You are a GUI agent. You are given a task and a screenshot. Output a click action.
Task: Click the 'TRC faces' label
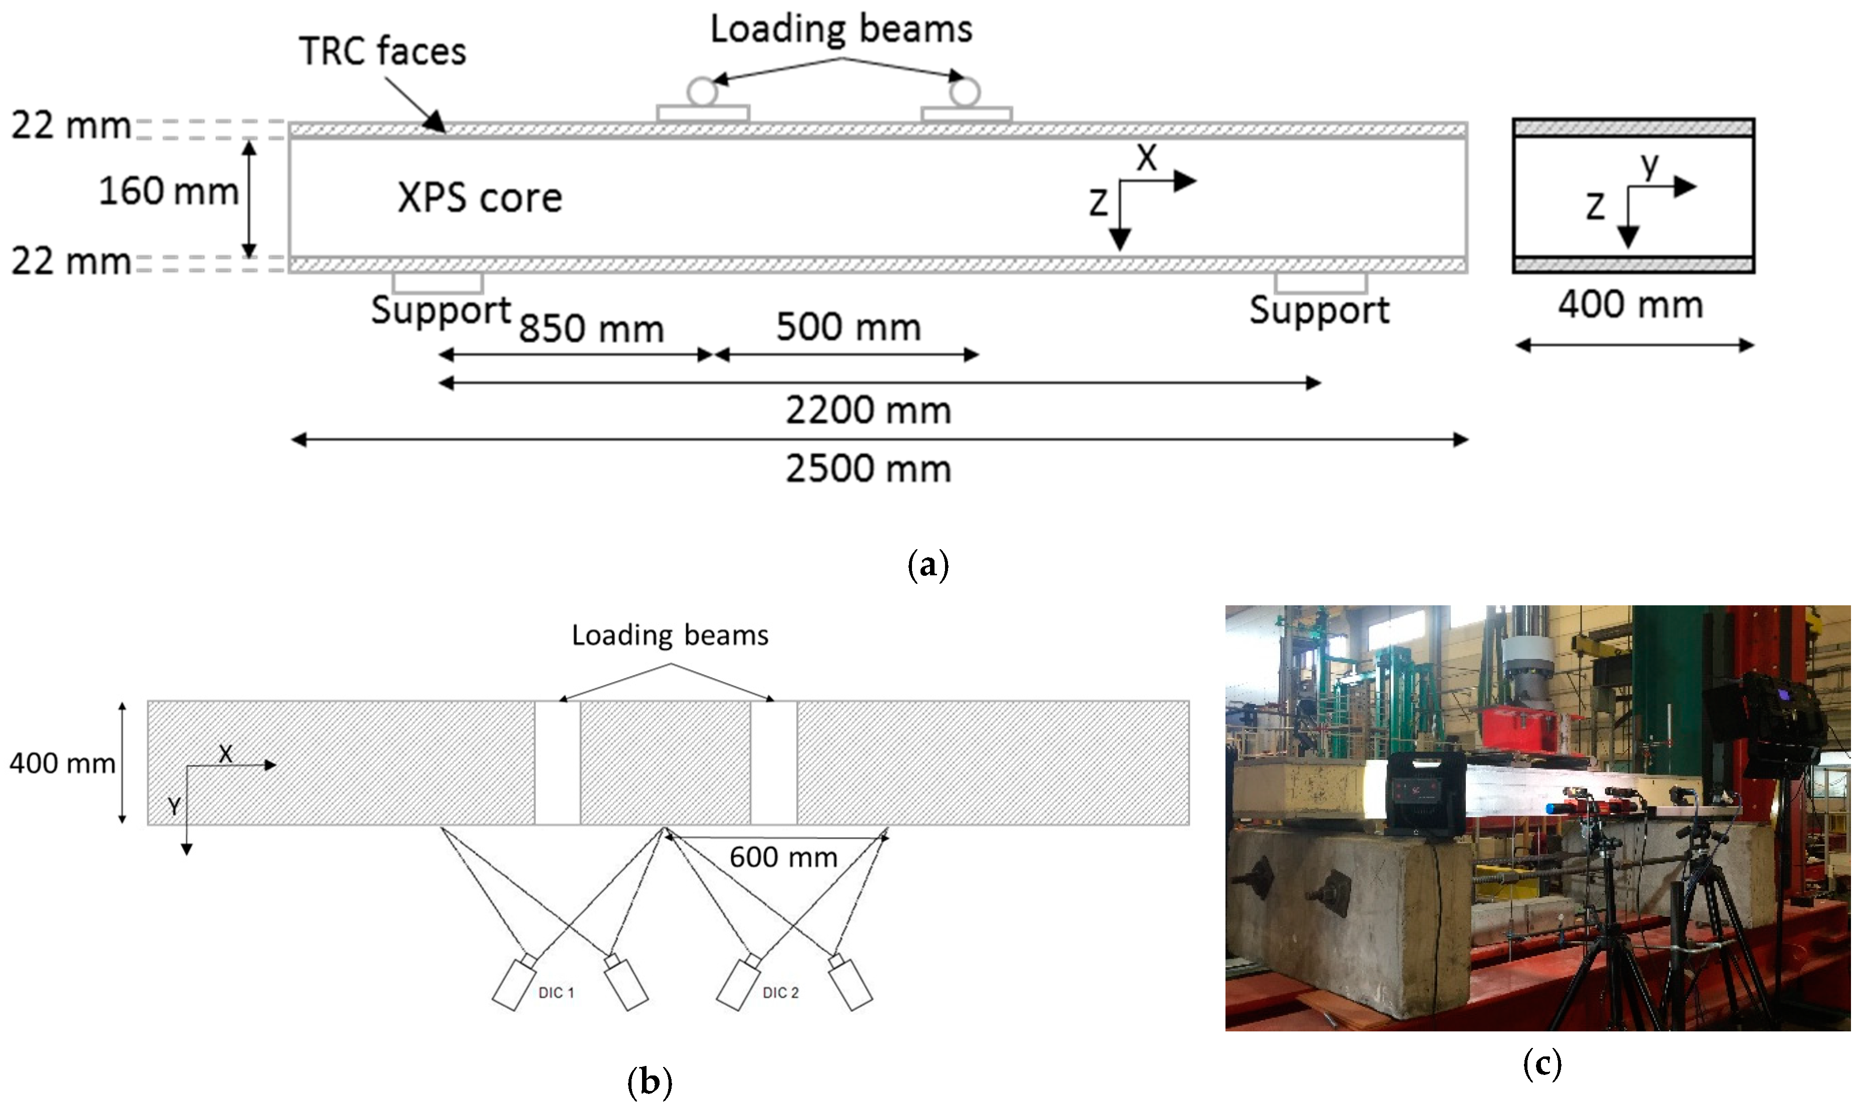382,52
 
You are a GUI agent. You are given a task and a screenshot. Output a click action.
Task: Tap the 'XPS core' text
479,198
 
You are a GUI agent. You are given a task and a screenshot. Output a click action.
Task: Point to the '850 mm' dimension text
591,328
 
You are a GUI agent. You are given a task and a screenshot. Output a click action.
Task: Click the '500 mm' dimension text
848,327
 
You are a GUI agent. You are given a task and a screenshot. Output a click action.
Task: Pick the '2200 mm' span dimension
868,410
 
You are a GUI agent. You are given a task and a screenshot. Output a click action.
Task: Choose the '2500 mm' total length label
868,469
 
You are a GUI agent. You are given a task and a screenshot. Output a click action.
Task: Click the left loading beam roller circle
702,93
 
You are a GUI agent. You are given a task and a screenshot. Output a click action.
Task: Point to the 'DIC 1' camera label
556,993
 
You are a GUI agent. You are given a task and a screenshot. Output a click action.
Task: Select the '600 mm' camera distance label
783,857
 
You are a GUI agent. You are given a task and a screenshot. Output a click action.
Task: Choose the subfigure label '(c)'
1541,1064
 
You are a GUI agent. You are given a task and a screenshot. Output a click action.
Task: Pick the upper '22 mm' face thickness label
71,125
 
